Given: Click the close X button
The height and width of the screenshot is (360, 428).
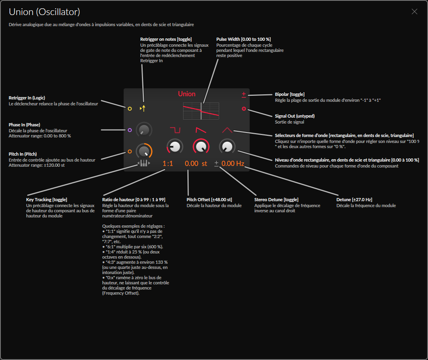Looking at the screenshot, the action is [415, 11].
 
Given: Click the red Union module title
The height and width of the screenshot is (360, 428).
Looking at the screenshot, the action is [187, 94].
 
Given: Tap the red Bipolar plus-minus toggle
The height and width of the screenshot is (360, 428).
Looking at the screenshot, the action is [244, 95].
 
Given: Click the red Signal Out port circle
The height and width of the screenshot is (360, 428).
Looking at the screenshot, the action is [244, 109].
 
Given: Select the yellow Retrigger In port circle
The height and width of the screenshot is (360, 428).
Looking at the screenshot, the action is [130, 109].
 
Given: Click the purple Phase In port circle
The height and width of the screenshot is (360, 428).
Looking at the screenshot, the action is [130, 130].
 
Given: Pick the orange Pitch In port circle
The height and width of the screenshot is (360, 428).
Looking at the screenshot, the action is [130, 151].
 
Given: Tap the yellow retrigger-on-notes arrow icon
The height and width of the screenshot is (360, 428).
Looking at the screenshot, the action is [143, 108].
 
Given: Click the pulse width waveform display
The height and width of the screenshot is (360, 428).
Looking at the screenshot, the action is [201, 111].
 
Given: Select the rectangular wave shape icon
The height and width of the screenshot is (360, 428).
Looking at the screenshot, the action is [175, 130].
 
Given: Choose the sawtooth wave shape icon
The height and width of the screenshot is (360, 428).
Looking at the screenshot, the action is [201, 130].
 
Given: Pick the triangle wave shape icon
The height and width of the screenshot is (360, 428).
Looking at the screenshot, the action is [227, 130].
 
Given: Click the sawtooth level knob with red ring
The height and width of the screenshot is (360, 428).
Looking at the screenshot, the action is [201, 147].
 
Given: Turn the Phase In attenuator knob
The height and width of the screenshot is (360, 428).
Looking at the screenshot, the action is [144, 130].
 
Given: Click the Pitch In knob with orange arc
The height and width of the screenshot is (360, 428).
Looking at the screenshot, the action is [144, 151].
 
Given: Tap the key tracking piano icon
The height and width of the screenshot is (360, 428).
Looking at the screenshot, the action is [143, 163].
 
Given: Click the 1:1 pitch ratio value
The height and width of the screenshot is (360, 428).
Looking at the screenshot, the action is [168, 163].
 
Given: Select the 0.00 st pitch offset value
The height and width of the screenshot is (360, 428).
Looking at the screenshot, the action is [196, 163].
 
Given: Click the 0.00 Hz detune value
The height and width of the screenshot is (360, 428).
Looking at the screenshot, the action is [233, 163].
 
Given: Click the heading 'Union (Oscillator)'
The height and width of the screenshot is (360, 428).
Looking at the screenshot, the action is [44, 12].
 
